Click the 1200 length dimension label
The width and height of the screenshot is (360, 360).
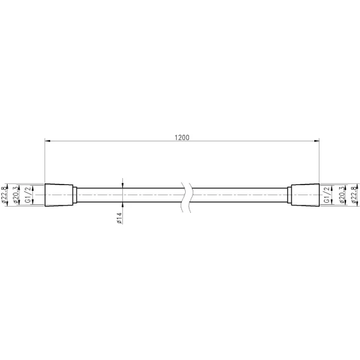[x=182, y=138]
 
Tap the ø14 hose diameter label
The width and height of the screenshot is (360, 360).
[x=119, y=218]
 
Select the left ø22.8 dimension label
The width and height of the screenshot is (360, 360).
[x=4, y=195]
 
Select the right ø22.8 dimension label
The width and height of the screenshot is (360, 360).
[x=354, y=195]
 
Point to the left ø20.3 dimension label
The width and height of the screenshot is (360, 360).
[x=16, y=195]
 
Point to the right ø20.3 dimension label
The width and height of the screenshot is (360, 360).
[x=342, y=195]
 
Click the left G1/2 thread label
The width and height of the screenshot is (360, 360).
[x=28, y=195]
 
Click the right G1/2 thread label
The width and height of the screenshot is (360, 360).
[x=327, y=195]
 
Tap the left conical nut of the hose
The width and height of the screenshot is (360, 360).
[x=59, y=195]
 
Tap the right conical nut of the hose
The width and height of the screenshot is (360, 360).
[x=305, y=195]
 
